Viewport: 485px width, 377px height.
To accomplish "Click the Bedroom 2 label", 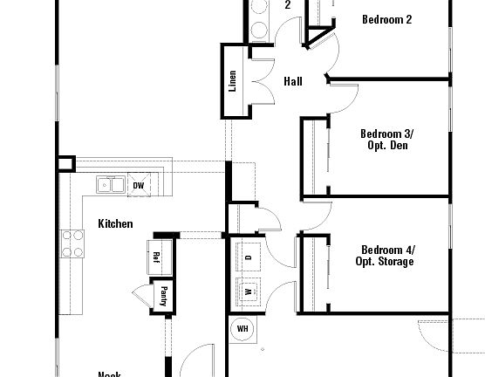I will [386, 19].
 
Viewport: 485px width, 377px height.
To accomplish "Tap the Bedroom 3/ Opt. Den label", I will [386, 140].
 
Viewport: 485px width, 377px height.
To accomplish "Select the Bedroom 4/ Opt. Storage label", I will [385, 255].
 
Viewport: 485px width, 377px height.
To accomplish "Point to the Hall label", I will [293, 82].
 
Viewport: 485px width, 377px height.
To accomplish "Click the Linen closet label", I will [233, 82].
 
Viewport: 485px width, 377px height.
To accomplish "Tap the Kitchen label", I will [115, 224].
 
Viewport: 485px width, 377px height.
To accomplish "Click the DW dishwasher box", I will [138, 186].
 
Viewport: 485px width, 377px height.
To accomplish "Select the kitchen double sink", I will [110, 184].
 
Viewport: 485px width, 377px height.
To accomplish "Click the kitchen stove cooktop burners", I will [71, 244].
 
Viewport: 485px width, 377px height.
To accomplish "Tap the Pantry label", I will [163, 297].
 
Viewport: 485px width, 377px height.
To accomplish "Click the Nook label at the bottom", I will [109, 374].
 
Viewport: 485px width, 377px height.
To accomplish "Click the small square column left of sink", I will [65, 163].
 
